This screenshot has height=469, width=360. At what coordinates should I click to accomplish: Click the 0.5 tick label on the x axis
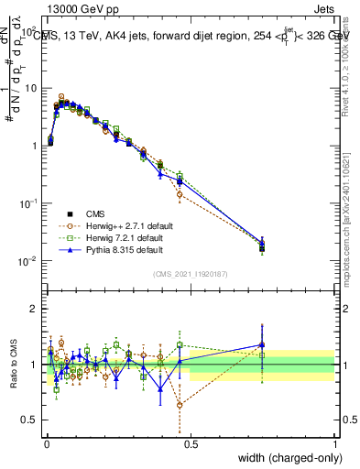[x=190, y=442]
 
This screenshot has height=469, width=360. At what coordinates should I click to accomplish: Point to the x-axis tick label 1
[x=334, y=442]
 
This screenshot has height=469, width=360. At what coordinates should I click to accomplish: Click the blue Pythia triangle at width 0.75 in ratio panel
[x=262, y=345]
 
